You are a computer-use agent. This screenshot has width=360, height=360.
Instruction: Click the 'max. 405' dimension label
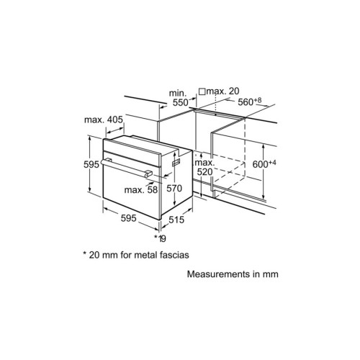point(104,120)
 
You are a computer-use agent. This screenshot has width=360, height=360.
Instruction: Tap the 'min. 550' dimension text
point(179,98)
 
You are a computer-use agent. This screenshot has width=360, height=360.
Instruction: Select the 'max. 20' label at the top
point(223,91)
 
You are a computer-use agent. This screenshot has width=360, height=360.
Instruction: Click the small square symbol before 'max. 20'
point(202,91)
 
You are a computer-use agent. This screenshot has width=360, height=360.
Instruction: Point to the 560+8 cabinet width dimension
point(250,102)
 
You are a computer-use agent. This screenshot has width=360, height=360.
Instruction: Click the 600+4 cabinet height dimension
point(264,164)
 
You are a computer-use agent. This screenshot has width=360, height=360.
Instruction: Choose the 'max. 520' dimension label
point(204,167)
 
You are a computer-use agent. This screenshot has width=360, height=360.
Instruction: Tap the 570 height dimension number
point(174,189)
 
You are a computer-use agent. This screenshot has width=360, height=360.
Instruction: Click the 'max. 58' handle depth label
point(141,190)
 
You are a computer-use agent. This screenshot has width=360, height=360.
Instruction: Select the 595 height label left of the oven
point(91,164)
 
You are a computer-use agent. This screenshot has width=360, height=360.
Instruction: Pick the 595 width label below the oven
point(128,218)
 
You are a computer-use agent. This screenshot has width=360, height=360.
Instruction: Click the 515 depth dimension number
point(176,220)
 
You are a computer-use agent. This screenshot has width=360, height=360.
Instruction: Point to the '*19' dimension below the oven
point(160,238)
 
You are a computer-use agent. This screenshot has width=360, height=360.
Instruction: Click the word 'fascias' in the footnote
point(174,255)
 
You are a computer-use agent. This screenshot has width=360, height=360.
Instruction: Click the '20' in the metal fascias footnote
point(94,255)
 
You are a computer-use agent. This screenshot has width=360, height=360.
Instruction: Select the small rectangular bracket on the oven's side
point(176,162)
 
